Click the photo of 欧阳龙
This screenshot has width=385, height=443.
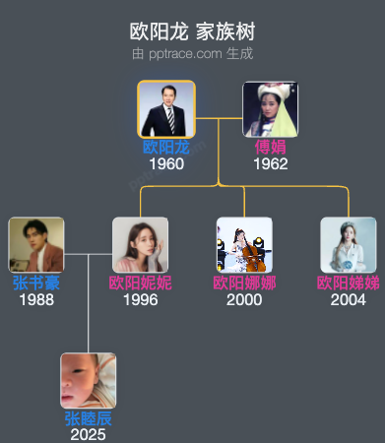pyautogui.click(x=165, y=109)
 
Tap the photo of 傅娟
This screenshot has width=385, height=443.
pyautogui.click(x=270, y=109)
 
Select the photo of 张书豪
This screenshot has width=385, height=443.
pyautogui.click(x=36, y=245)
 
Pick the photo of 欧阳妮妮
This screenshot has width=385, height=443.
pyautogui.click(x=140, y=245)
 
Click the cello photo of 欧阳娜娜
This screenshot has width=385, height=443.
pyautogui.click(x=244, y=245)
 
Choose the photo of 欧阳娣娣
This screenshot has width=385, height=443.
pyautogui.click(x=348, y=245)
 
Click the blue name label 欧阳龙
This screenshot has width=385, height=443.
pyautogui.click(x=165, y=148)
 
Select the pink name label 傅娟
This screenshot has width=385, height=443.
pyautogui.click(x=270, y=148)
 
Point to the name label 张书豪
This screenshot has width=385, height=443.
pyautogui.click(x=36, y=284)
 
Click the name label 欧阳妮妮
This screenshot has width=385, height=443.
pyautogui.click(x=140, y=284)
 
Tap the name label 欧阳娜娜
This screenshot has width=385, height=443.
pyautogui.click(x=244, y=284)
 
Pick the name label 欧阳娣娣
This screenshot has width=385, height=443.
pyautogui.click(x=348, y=284)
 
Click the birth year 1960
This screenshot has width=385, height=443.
pyautogui.click(x=165, y=163)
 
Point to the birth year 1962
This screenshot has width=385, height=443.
pyautogui.click(x=270, y=163)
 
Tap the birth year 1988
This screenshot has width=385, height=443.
pyautogui.click(x=36, y=299)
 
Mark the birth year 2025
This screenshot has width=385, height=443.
pyautogui.click(x=89, y=434)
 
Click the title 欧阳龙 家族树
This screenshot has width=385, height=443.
pyautogui.click(x=192, y=32)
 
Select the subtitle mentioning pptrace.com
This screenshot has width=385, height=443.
pyautogui.click(x=192, y=53)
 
